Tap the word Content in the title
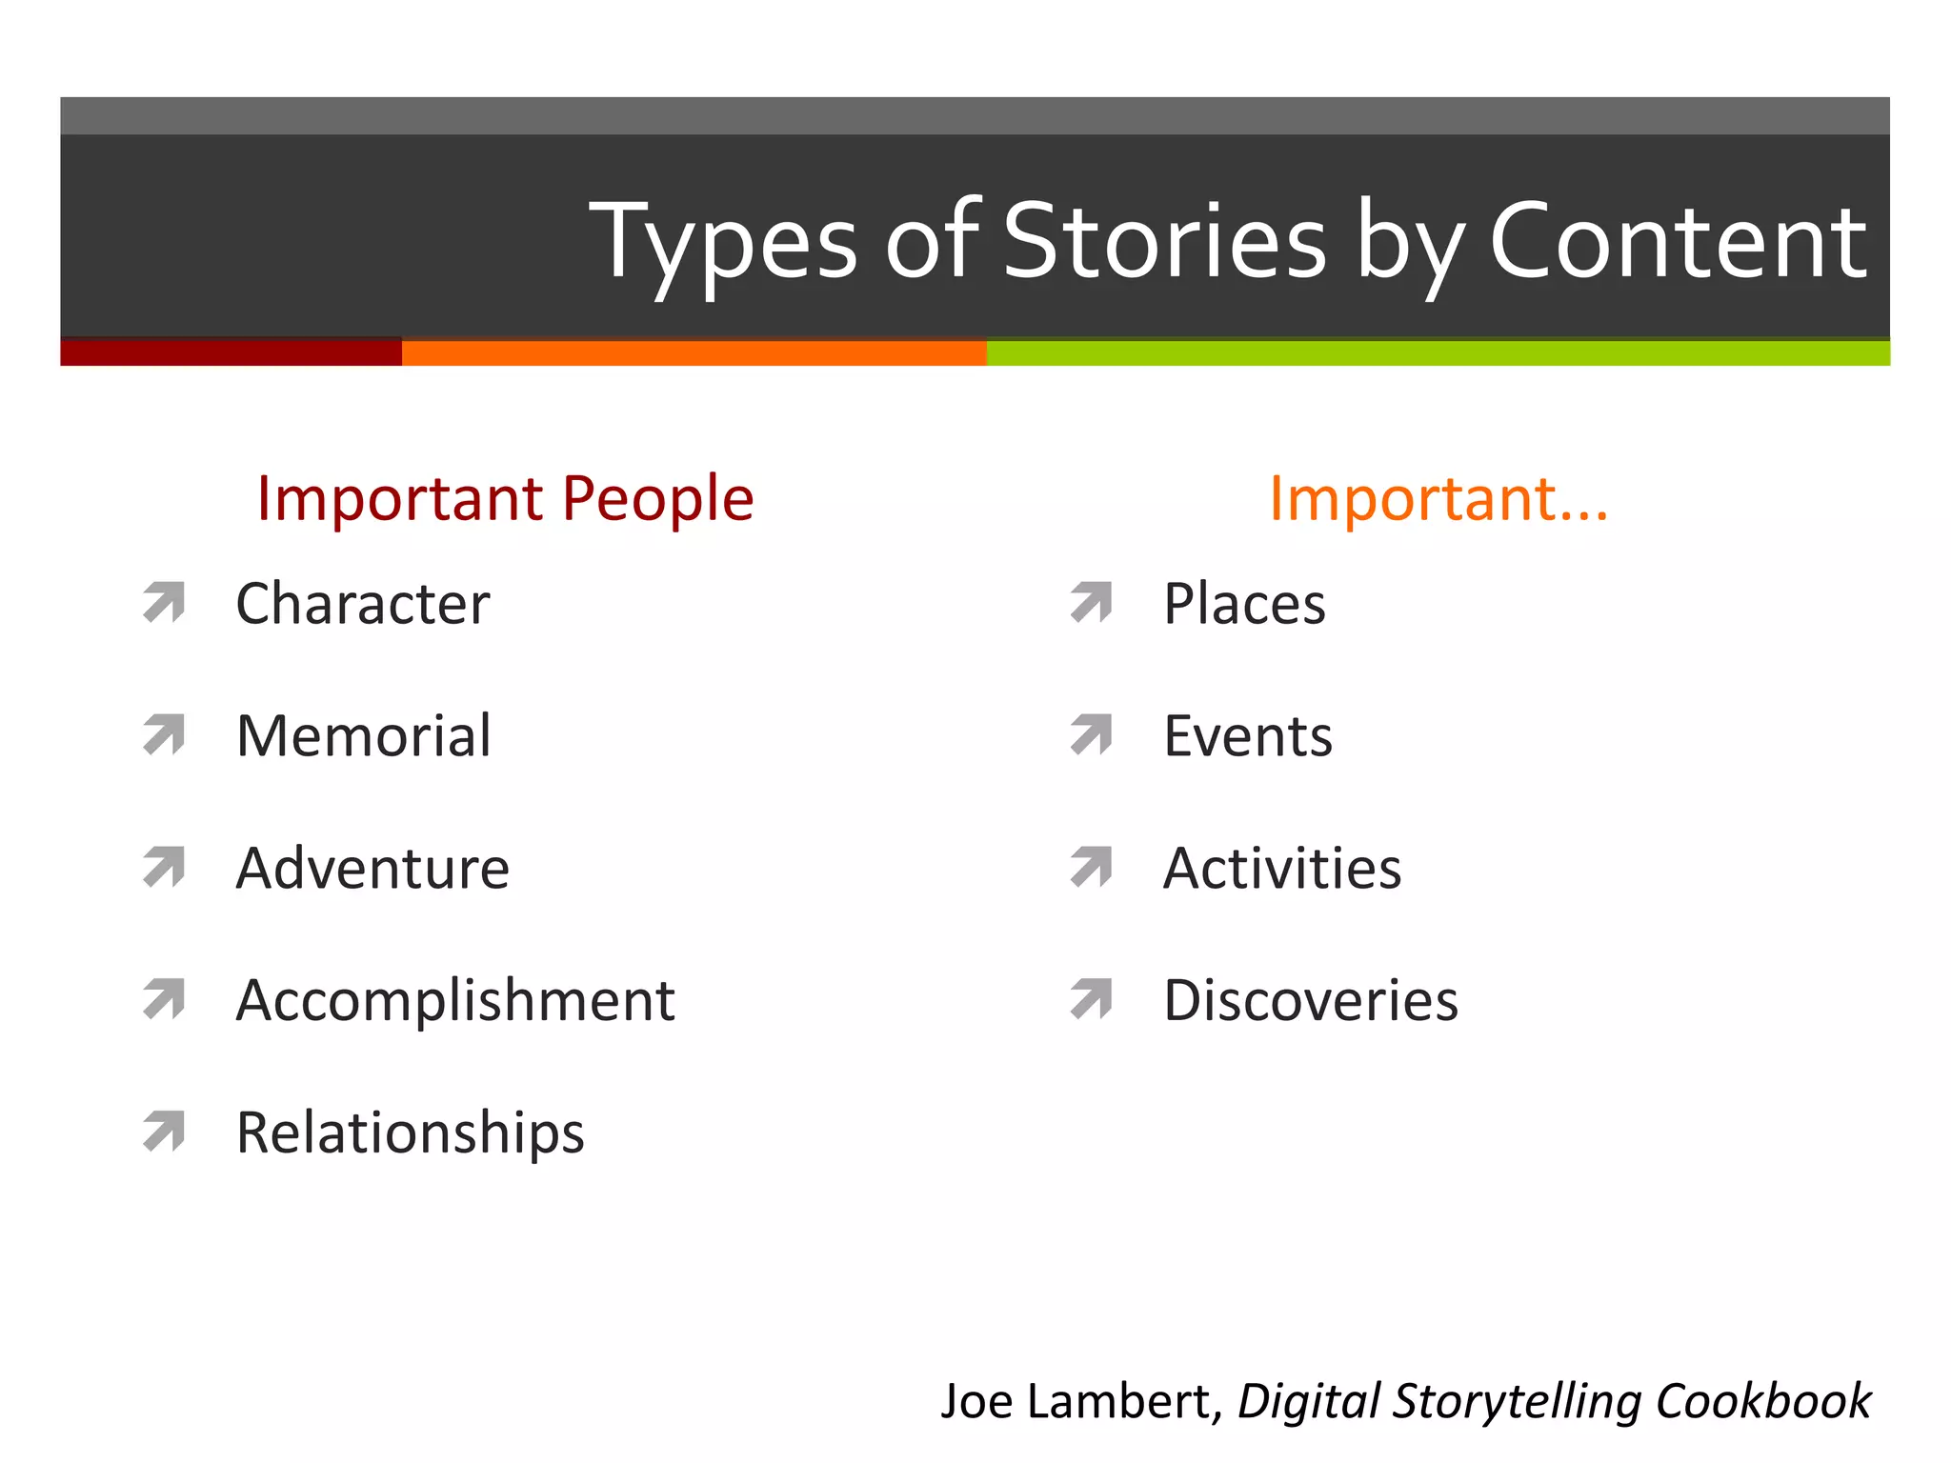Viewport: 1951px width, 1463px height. click(x=1677, y=243)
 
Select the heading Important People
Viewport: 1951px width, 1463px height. click(x=505, y=498)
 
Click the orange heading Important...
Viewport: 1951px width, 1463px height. click(x=1438, y=498)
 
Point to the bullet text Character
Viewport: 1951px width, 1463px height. click(x=362, y=604)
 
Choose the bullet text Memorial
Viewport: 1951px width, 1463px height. click(x=363, y=736)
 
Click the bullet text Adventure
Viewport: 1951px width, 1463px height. click(x=372, y=869)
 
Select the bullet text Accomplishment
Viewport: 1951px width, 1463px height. click(x=455, y=1001)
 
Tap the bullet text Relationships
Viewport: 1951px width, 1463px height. click(x=410, y=1133)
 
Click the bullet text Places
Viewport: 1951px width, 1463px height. click(x=1244, y=604)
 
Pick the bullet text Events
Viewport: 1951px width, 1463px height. click(x=1248, y=736)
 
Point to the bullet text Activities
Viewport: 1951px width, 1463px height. click(x=1282, y=869)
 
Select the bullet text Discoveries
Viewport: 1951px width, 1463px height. click(x=1311, y=1001)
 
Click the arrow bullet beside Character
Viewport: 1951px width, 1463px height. click(x=164, y=602)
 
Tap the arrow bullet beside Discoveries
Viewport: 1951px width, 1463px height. click(x=1092, y=999)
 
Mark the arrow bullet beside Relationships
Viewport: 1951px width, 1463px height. click(x=164, y=1132)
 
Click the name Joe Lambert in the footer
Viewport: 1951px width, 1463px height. click(x=1076, y=1401)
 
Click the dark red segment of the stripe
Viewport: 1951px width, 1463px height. click(x=231, y=351)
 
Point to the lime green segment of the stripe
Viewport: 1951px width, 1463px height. click(x=1438, y=351)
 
